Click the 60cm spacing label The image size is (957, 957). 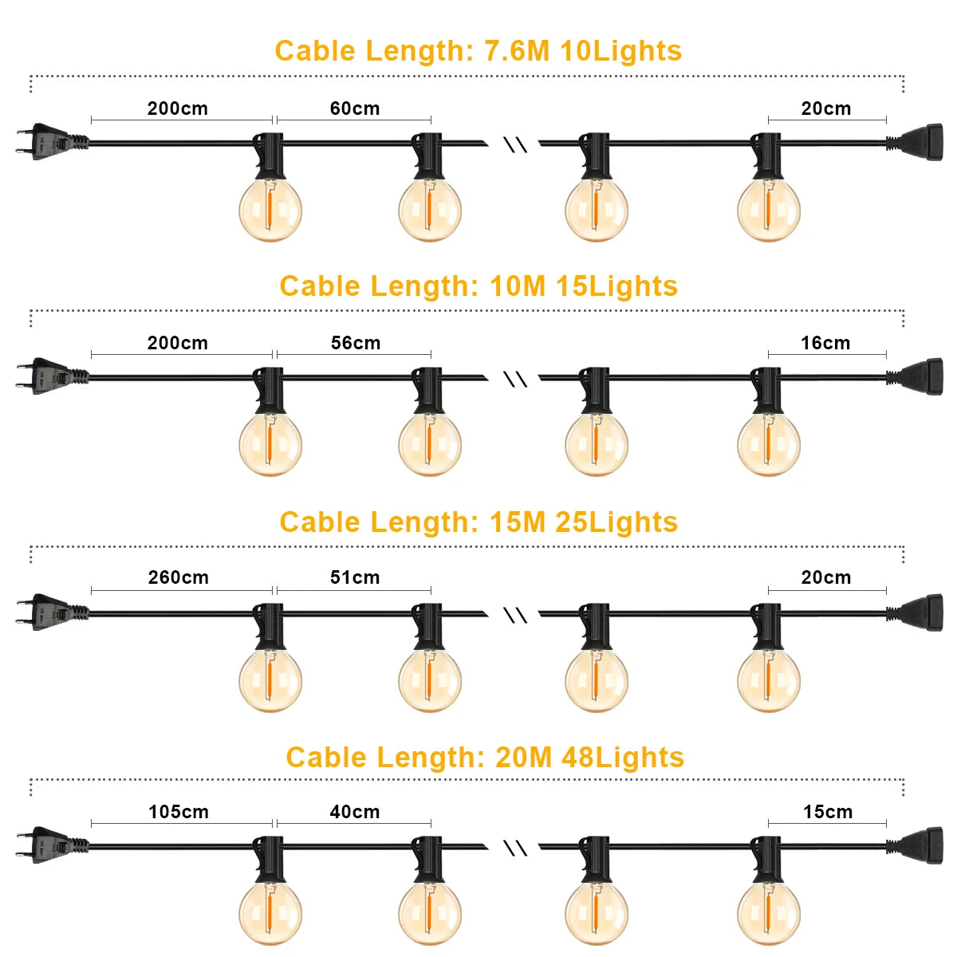coord(355,108)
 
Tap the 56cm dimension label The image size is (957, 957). coord(356,343)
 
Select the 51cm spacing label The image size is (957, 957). coord(355,577)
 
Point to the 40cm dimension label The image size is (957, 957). coord(355,812)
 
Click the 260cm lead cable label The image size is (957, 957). coord(179,577)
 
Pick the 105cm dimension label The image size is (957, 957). coord(179,812)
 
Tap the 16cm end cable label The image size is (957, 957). coord(825,343)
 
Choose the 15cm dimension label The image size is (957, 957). coord(828,812)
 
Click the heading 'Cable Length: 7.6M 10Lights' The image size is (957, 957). coord(478,51)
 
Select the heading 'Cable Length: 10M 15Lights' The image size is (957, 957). coord(478,286)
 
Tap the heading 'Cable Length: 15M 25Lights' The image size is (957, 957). coord(478,522)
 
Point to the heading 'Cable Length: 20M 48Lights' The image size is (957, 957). coord(485,758)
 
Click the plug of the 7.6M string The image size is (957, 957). coord(52,141)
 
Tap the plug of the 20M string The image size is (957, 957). coord(52,845)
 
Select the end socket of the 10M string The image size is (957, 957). coord(915,377)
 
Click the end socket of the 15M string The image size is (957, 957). coord(915,613)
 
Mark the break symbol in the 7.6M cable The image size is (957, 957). coord(515,144)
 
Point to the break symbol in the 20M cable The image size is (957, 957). coord(515,849)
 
